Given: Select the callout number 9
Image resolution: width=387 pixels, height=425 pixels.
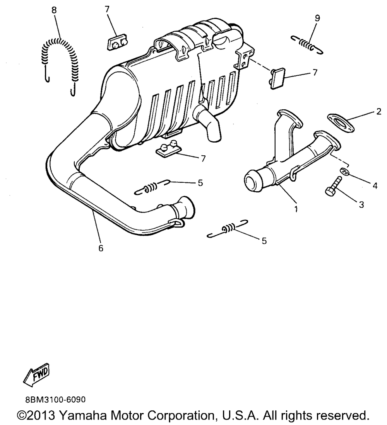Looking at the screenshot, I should point(317,17).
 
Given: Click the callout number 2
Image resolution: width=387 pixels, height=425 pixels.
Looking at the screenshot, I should point(378,112).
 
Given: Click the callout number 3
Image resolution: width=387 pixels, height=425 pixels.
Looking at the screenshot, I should point(361,205).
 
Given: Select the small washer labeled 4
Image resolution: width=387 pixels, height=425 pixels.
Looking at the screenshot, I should point(344,171).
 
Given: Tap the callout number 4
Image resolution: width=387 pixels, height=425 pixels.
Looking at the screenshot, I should point(375,186).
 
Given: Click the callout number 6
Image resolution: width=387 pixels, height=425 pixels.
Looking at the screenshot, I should point(101,248).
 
